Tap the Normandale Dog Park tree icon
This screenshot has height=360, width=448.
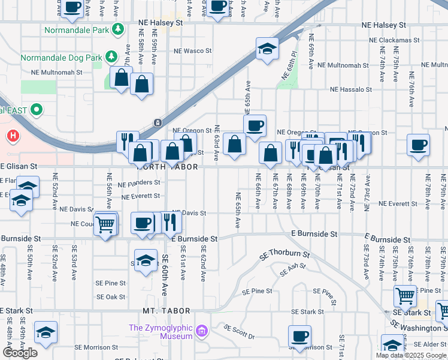point(111,56)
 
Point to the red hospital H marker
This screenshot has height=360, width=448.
point(13,137)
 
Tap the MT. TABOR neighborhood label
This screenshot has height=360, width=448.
point(166,311)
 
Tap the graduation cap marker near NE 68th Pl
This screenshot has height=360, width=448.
point(268,49)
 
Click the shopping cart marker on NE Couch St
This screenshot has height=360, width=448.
point(105,224)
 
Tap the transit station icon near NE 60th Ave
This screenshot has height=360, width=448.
point(157,123)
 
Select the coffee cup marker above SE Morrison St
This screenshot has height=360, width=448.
point(299,337)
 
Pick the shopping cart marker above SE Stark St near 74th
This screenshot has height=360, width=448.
point(405,296)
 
